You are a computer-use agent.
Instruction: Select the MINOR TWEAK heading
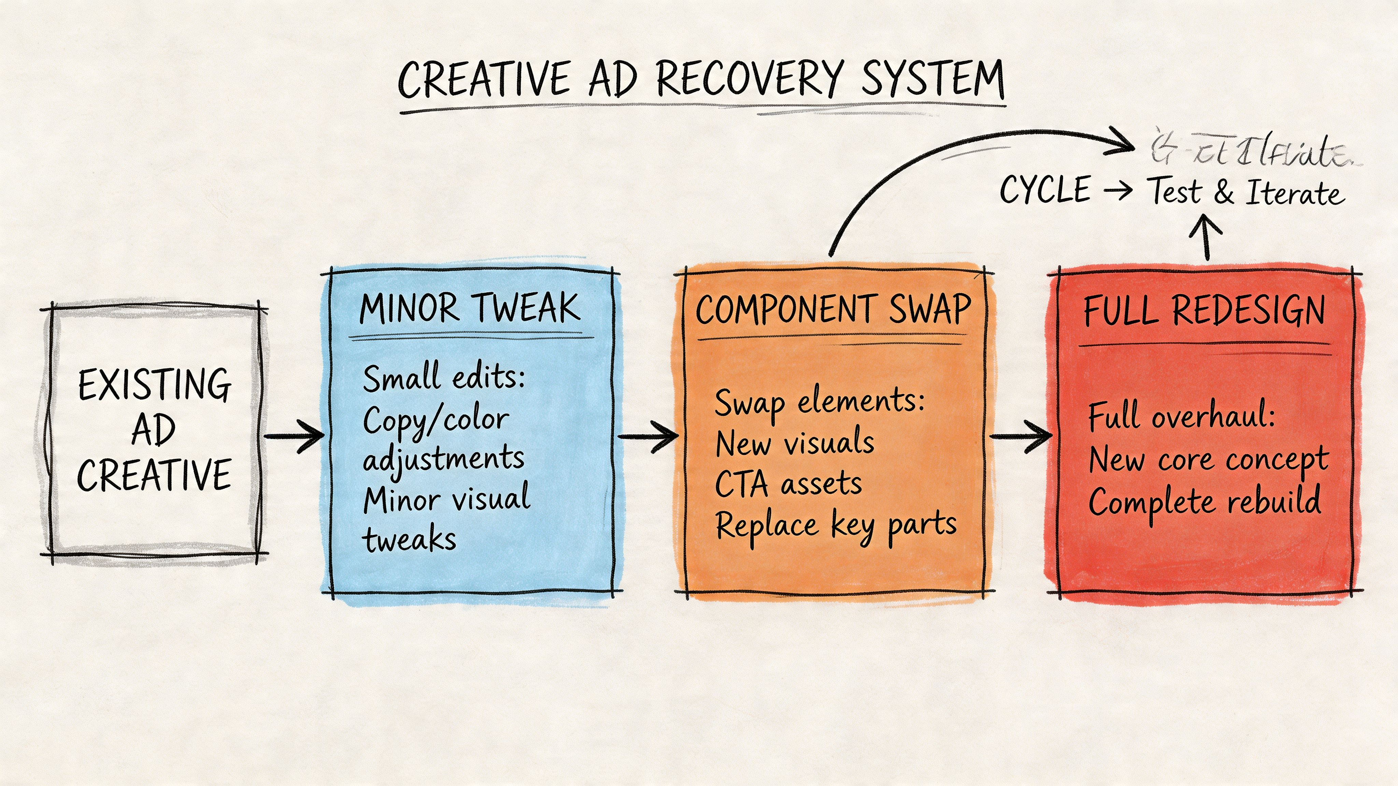pyautogui.click(x=470, y=308)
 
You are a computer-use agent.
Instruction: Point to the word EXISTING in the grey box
pyautogui.click(x=155, y=384)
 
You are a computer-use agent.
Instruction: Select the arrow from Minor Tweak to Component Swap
pyautogui.click(x=648, y=436)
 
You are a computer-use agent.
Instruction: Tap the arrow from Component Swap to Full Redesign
pyautogui.click(x=1020, y=436)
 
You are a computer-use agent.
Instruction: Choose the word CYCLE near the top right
pyautogui.click(x=1045, y=190)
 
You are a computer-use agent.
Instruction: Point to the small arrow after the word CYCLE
pyautogui.click(x=1118, y=190)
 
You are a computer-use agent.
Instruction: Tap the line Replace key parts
pyautogui.click(x=836, y=525)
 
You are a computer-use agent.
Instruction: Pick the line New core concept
pyautogui.click(x=1209, y=460)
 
